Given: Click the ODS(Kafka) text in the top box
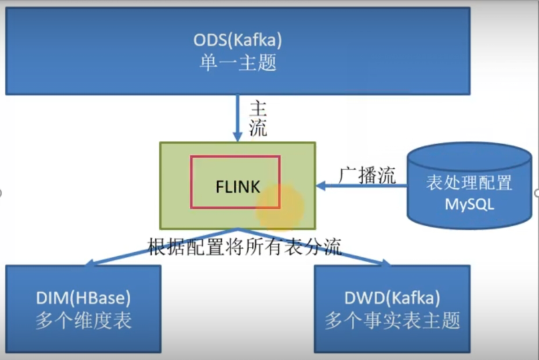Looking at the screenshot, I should coord(238,41).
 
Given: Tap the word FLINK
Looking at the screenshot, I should coord(237,186).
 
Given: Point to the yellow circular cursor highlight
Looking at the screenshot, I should coord(279,207).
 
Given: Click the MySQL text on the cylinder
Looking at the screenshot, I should coord(469,204).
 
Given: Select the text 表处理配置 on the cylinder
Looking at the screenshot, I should coord(469,183).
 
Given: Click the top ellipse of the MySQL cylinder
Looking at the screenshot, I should coord(468,156).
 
